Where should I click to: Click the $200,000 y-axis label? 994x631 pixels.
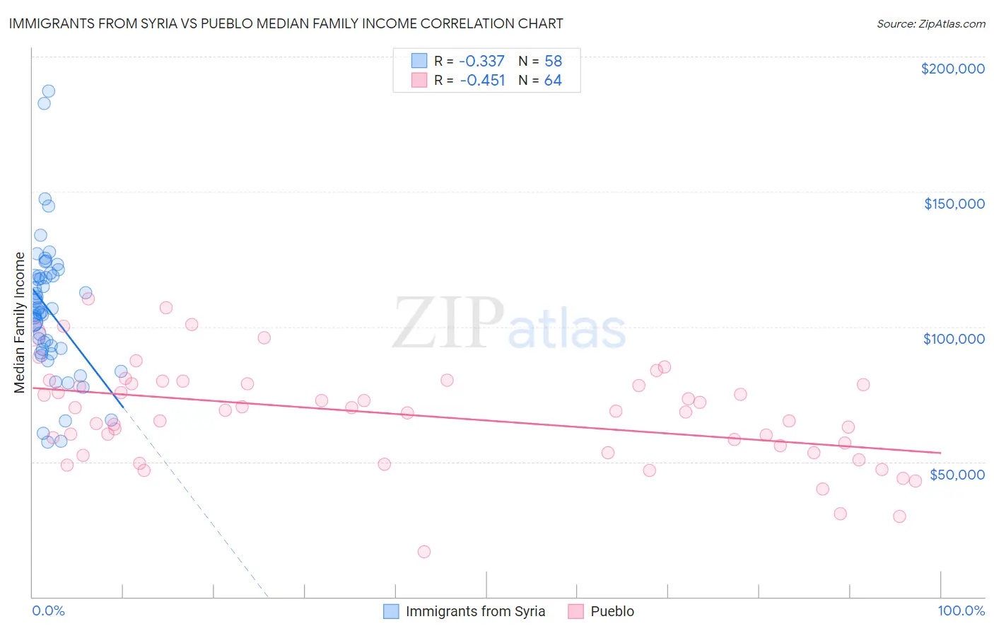tap(952, 69)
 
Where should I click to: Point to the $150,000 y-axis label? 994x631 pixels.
tap(954, 204)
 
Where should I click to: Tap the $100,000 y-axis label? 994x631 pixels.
tap(954, 339)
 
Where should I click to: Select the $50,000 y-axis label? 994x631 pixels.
tap(957, 474)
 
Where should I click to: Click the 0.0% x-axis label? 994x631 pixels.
tap(48, 611)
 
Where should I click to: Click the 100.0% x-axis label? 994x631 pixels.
tap(961, 611)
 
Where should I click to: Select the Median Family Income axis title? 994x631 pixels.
tap(20, 322)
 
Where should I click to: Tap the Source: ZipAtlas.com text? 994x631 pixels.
tap(930, 23)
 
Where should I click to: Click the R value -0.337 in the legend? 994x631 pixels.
tap(482, 61)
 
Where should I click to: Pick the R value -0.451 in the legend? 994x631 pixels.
tap(482, 81)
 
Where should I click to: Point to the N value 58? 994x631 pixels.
tap(553, 61)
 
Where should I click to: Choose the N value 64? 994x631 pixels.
tap(553, 81)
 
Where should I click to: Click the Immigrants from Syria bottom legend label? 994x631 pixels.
tap(475, 611)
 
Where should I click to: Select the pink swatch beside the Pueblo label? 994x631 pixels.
tap(575, 611)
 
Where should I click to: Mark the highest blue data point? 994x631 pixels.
tap(48, 91)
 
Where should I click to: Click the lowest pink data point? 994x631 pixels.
tap(424, 552)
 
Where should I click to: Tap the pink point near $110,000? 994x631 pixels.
tap(88, 299)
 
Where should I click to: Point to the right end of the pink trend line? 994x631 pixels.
tap(940, 453)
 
